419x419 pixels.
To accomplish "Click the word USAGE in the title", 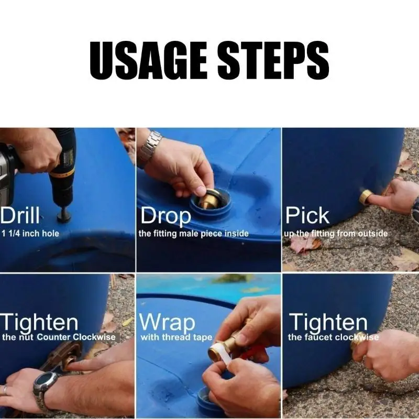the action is [148, 60].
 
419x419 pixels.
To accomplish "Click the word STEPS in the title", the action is [273, 60].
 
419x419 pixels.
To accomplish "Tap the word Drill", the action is [20, 215].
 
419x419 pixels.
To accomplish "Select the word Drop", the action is [166, 216].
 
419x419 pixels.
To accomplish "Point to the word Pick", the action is [307, 215].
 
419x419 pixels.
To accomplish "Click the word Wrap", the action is [167, 322].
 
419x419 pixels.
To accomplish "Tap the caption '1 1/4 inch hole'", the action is [30, 234].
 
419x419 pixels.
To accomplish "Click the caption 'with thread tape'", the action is [177, 337].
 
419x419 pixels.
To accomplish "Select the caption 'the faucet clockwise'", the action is [333, 337].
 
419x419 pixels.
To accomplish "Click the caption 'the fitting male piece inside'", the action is [193, 234].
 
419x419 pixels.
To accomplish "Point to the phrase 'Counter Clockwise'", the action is [76, 337].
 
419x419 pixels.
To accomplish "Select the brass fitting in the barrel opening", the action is [208, 199].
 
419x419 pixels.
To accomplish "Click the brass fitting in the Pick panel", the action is [366, 197].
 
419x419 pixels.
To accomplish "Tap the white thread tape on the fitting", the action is [221, 352].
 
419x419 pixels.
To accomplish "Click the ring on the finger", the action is [5, 390].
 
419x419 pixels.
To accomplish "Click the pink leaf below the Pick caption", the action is [305, 244].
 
